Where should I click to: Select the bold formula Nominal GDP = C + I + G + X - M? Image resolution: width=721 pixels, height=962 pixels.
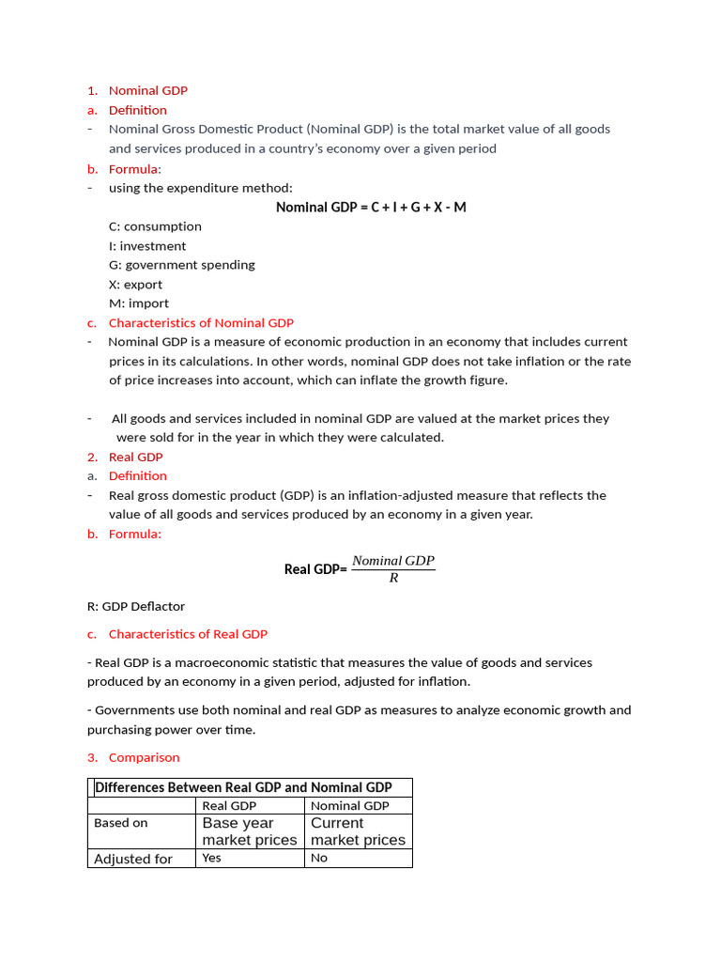click(x=371, y=207)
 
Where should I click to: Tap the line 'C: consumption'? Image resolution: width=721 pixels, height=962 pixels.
click(x=155, y=226)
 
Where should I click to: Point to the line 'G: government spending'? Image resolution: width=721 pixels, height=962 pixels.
click(x=181, y=265)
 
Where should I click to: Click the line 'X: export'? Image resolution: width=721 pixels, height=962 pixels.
click(x=135, y=285)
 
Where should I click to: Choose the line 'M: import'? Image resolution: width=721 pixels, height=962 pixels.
click(x=139, y=303)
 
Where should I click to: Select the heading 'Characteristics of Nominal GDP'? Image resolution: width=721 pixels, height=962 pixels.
click(x=201, y=323)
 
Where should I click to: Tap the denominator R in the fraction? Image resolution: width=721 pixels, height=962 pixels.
click(x=393, y=579)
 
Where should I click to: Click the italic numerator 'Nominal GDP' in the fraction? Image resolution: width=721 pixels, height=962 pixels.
click(x=393, y=561)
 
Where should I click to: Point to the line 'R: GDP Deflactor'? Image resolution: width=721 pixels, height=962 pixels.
click(x=136, y=607)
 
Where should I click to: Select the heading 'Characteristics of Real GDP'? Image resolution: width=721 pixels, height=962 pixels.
click(x=188, y=634)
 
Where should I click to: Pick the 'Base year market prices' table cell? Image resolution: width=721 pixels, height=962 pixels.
click(x=250, y=831)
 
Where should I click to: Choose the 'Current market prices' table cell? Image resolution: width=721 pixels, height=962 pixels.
click(x=358, y=831)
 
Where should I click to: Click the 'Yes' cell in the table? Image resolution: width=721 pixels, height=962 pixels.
click(x=212, y=859)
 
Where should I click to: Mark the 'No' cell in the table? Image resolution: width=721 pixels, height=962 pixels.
click(x=319, y=859)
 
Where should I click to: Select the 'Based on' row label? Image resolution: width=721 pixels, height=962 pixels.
click(x=121, y=823)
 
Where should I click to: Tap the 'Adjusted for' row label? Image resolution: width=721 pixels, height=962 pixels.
click(x=133, y=859)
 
